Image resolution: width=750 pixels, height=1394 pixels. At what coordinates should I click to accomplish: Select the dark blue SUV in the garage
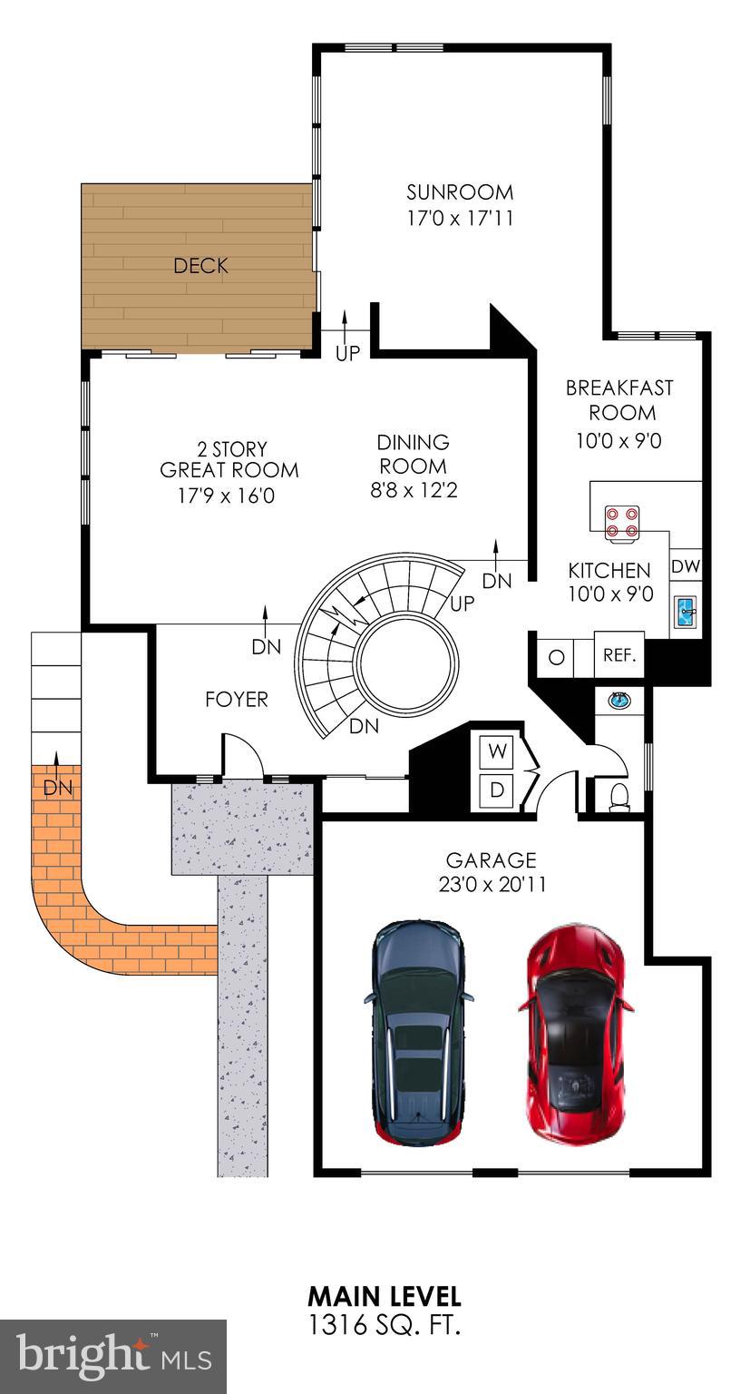pyautogui.click(x=418, y=1032)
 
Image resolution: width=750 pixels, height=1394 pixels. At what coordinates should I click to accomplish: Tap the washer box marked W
pyautogui.click(x=496, y=751)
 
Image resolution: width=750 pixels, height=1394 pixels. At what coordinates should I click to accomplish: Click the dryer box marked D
pyautogui.click(x=496, y=790)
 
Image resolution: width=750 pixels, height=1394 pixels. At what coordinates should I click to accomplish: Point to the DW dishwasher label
pyautogui.click(x=685, y=566)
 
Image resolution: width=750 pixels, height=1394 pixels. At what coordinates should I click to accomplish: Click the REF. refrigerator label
pyautogui.click(x=619, y=654)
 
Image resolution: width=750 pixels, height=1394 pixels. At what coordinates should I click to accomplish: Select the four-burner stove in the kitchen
pyautogui.click(x=622, y=523)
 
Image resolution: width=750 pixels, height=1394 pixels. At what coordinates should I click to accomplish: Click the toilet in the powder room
pyautogui.click(x=619, y=797)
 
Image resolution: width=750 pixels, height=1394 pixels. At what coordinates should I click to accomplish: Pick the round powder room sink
pyautogui.click(x=619, y=700)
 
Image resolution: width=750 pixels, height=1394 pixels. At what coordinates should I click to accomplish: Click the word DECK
pyautogui.click(x=200, y=266)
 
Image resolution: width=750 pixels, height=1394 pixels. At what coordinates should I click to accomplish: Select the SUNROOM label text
pyautogui.click(x=460, y=191)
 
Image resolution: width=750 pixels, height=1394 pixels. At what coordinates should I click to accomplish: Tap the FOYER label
pyautogui.click(x=237, y=699)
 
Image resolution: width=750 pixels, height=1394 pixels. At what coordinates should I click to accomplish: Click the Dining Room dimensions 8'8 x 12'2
pyautogui.click(x=414, y=490)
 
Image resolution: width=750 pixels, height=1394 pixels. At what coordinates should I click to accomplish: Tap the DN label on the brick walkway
pyautogui.click(x=58, y=787)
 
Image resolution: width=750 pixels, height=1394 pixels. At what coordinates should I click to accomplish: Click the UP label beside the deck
pyautogui.click(x=347, y=353)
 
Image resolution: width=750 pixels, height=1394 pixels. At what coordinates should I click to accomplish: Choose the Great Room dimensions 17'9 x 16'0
pyautogui.click(x=227, y=496)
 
